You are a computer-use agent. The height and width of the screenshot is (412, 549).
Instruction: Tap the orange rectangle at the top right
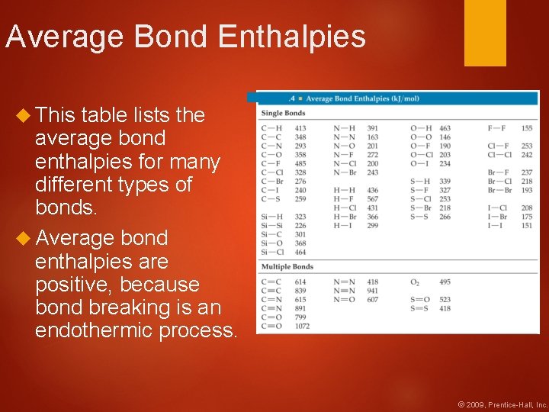coord(485,32)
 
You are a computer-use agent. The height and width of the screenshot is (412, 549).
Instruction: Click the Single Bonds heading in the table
coord(283,114)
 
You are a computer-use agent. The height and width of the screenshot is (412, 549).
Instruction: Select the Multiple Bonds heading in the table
coord(287,267)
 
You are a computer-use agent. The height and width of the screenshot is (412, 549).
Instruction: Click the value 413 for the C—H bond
coord(300,128)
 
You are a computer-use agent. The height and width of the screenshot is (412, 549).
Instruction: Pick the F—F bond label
coord(496,128)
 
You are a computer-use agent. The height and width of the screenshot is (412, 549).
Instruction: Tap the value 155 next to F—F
coord(527,128)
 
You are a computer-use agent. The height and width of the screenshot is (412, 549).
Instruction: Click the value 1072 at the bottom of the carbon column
coord(302,327)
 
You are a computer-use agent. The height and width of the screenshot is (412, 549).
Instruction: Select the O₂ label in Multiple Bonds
coord(415,282)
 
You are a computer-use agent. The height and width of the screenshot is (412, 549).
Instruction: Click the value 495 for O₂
coord(445,282)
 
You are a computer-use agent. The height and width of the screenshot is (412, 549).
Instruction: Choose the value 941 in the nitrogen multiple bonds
coord(372,291)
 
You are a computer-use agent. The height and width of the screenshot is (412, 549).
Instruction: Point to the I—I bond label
coord(496,226)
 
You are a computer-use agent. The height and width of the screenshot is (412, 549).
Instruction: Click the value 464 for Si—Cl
coord(300,252)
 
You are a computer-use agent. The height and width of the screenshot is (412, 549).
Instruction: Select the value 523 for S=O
coord(445,300)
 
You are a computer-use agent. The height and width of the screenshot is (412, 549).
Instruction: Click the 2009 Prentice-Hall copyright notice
coord(502,404)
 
